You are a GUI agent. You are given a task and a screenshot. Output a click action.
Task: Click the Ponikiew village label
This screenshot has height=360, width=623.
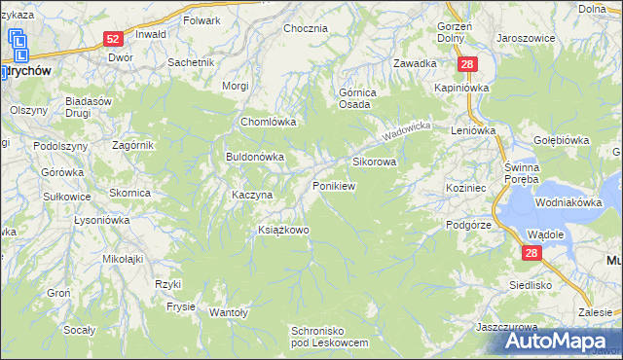332,185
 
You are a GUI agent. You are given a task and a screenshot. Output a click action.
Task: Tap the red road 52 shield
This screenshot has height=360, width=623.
114,39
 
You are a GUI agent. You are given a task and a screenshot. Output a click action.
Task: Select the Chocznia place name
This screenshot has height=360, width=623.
305,28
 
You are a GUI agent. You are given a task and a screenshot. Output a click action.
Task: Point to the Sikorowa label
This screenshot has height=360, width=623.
374,162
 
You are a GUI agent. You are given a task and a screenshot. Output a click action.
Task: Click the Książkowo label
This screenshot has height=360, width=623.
282,230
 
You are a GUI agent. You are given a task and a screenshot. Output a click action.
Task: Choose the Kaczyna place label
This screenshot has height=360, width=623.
251,195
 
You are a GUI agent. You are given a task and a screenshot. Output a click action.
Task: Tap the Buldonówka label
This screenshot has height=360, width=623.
254,156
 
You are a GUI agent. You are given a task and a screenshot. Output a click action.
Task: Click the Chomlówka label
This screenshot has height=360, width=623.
268,123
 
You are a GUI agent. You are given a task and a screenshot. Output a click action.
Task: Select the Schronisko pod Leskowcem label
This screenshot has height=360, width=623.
331,337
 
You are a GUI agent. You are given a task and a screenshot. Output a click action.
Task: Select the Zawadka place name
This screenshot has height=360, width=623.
415,63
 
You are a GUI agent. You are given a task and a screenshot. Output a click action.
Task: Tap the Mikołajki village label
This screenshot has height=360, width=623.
124,259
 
